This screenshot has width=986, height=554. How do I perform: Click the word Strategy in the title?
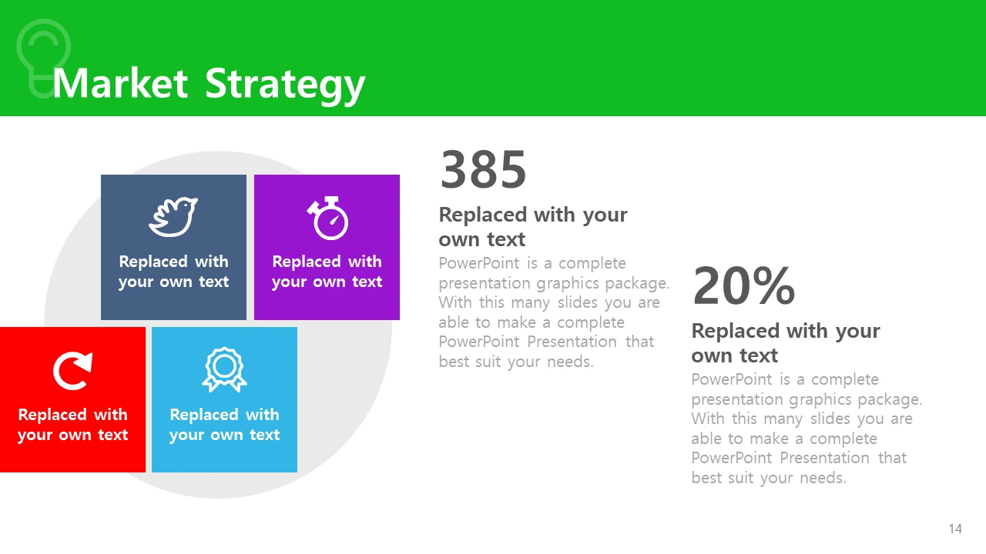click(285, 85)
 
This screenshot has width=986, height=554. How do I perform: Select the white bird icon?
click(173, 217)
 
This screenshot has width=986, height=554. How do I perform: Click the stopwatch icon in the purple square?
click(328, 218)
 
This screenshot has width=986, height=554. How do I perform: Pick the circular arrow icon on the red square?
click(72, 371)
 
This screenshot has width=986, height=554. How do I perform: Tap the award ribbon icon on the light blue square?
click(224, 369)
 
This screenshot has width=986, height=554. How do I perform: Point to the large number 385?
click(483, 169)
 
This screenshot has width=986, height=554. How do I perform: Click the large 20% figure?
click(744, 285)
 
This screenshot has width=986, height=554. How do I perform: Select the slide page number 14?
click(955, 529)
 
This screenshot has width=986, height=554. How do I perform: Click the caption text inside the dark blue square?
click(174, 272)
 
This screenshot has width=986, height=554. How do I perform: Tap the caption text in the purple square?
click(327, 272)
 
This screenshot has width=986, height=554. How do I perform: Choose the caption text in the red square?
click(73, 424)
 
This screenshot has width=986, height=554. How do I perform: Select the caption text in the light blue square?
click(224, 424)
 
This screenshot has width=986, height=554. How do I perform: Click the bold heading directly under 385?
click(533, 227)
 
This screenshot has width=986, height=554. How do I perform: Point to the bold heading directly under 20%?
click(786, 343)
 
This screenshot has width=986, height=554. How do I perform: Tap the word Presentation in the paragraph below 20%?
click(824, 458)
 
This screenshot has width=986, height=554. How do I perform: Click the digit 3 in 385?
click(454, 169)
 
